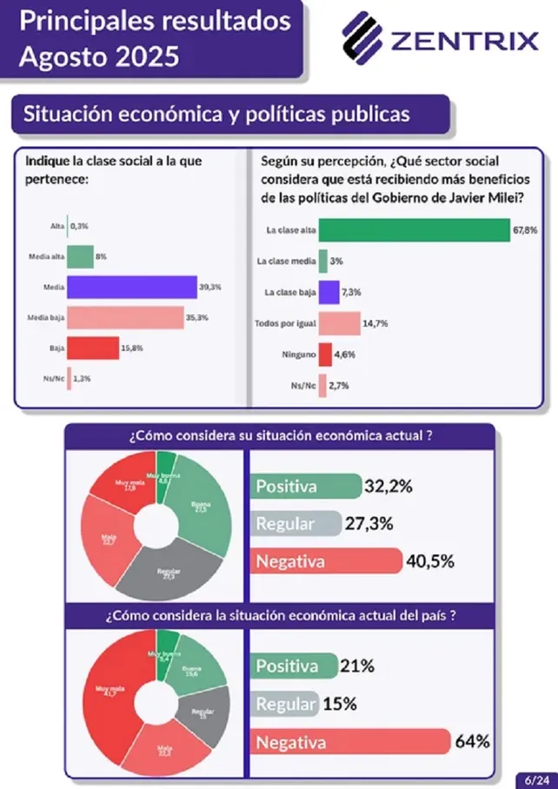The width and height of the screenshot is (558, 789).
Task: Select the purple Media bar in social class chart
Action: click(x=132, y=287)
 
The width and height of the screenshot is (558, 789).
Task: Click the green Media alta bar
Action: click(x=80, y=257)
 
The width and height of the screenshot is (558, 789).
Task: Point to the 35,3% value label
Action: click(x=197, y=318)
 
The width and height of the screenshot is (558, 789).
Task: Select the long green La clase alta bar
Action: click(x=414, y=230)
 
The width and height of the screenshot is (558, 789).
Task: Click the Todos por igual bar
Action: click(x=339, y=323)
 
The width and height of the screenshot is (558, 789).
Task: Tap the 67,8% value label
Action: click(x=526, y=230)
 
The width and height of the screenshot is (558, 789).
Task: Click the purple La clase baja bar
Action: click(x=329, y=292)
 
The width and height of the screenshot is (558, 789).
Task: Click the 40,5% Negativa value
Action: click(x=430, y=561)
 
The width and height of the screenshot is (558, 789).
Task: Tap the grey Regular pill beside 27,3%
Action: click(x=296, y=524)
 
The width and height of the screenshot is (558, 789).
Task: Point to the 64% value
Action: click(x=472, y=742)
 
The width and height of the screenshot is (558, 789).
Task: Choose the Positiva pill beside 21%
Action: click(x=294, y=666)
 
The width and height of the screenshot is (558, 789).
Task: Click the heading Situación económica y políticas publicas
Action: click(x=216, y=115)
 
